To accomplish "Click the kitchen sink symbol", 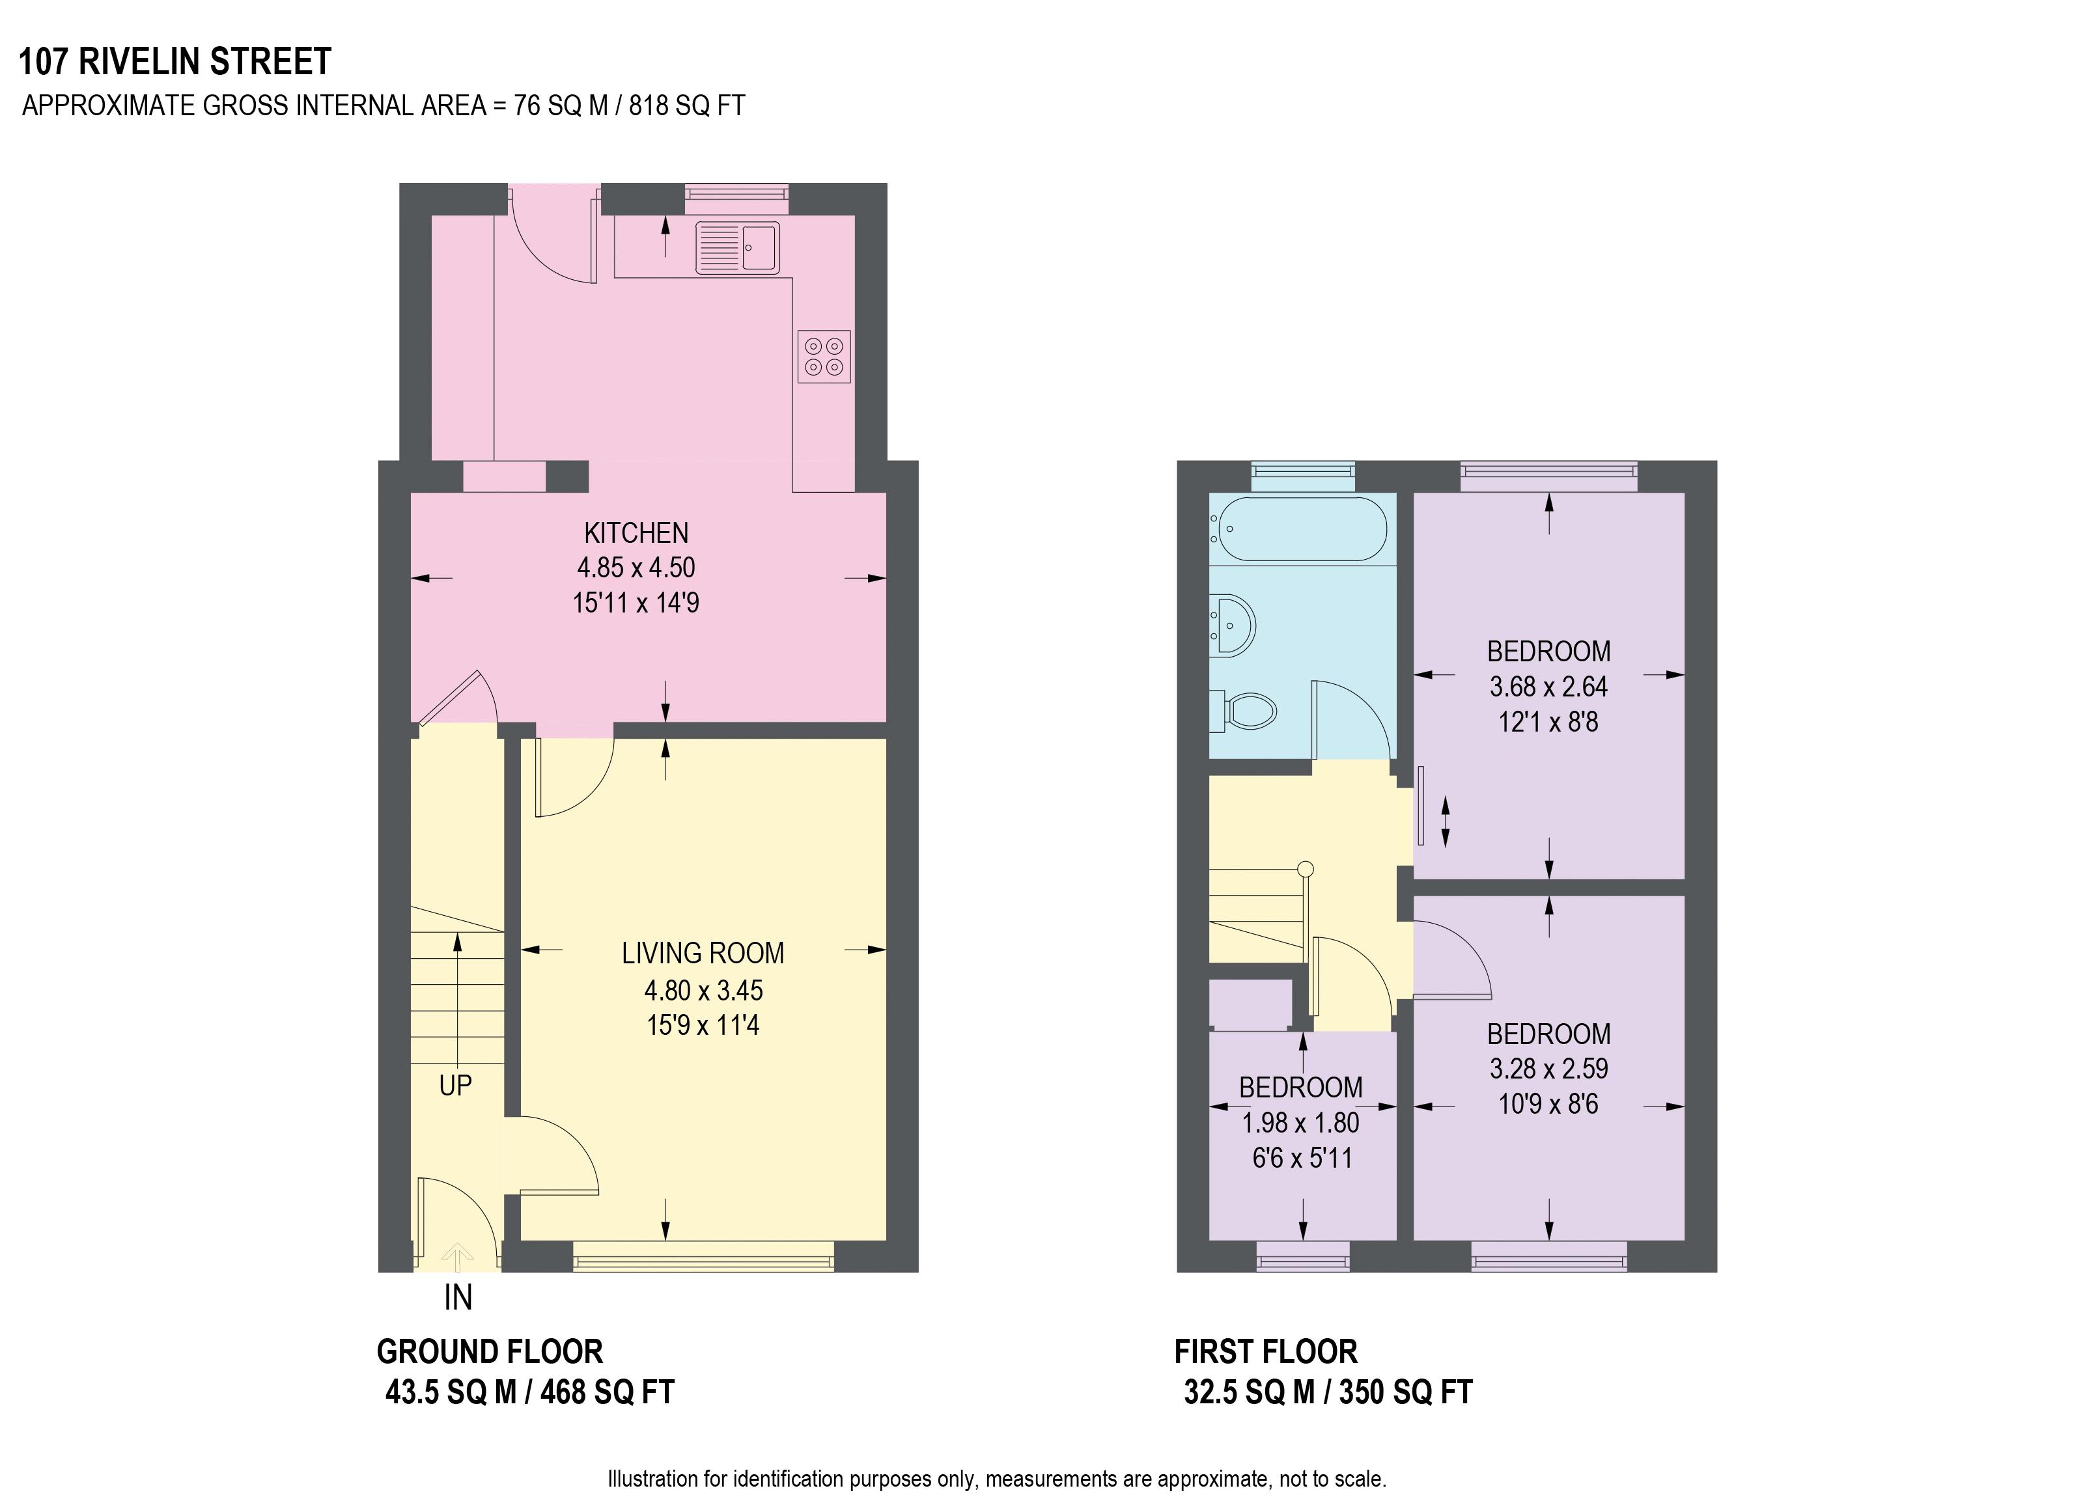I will [737, 247].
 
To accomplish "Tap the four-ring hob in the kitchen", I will [823, 357].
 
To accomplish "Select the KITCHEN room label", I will [636, 533].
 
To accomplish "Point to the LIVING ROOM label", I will [703, 953].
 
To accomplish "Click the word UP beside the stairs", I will [455, 1086].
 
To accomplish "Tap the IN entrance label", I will [458, 1298].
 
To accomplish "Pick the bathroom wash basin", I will [1233, 625].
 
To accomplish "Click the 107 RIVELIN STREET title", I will [175, 62].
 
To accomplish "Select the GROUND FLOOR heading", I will [489, 1352].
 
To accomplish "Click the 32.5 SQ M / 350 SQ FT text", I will [1328, 1392].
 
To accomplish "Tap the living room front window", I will [703, 1256].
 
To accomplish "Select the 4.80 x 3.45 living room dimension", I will [703, 990].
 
